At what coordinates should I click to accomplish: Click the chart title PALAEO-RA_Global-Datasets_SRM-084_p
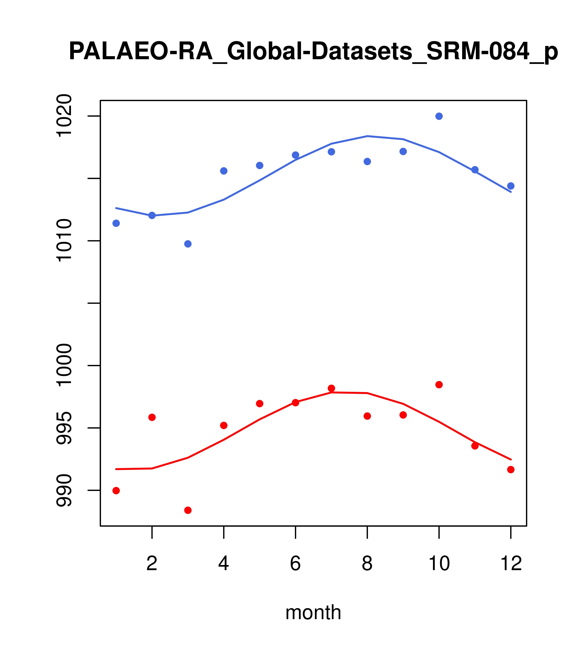(313, 52)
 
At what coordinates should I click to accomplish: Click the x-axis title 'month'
(313, 612)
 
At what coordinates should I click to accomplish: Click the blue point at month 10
(439, 116)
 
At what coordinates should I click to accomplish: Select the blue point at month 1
(116, 223)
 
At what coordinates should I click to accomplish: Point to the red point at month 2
(152, 417)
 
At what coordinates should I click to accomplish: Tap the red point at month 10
(439, 385)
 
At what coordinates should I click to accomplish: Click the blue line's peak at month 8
(367, 136)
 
